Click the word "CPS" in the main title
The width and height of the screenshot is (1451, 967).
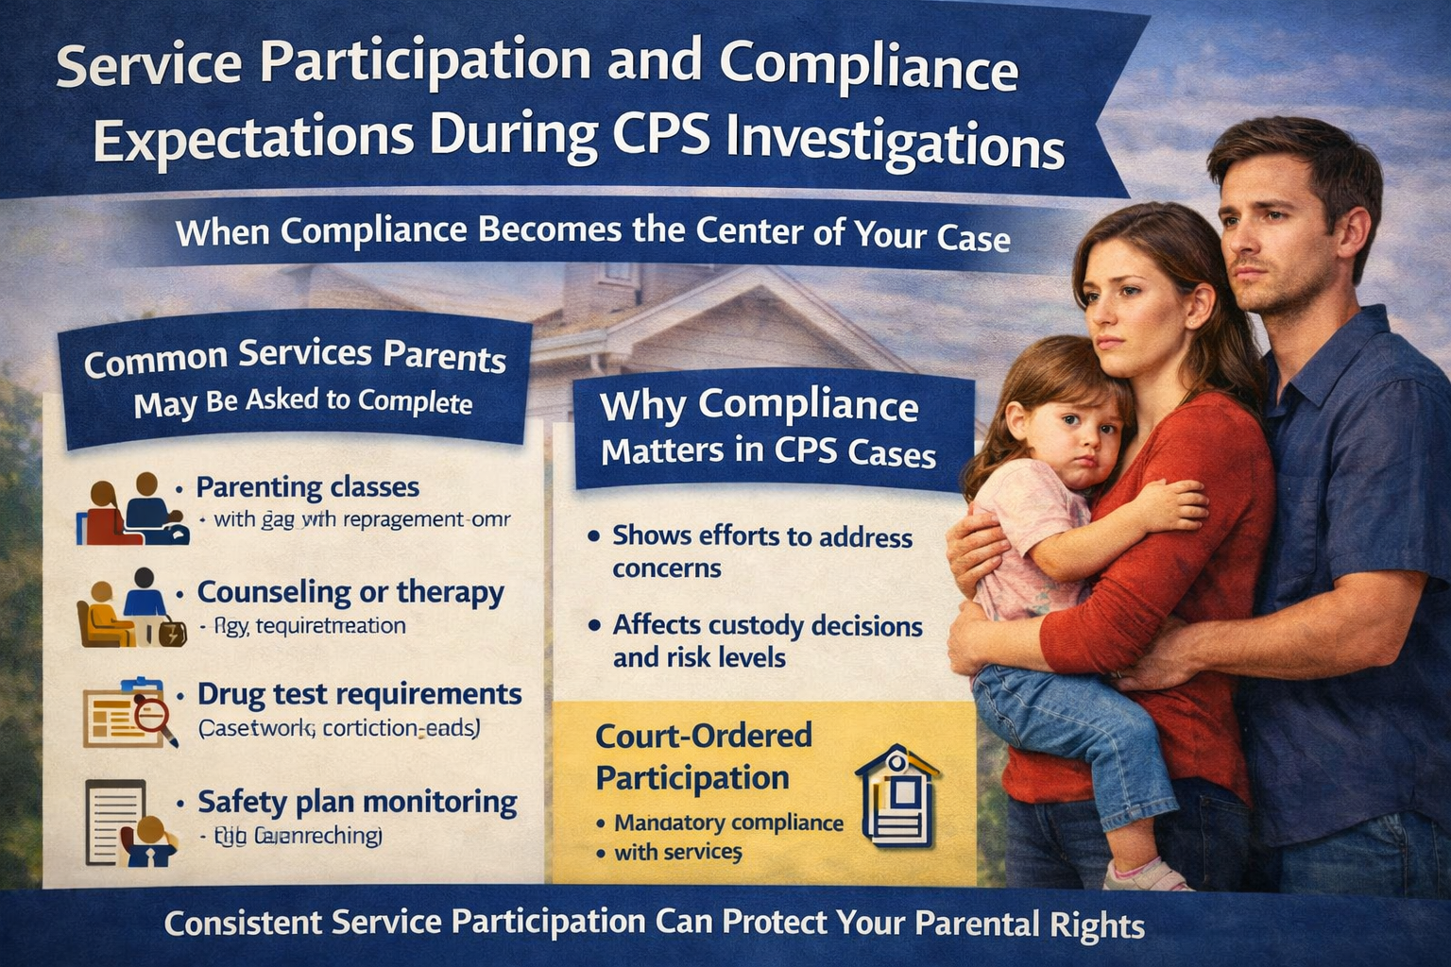[x=662, y=141]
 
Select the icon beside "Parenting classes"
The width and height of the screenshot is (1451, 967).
[x=132, y=510]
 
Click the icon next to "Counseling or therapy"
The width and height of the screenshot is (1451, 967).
[x=130, y=609]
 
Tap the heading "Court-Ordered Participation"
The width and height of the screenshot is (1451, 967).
[x=704, y=756]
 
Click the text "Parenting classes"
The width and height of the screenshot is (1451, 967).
[x=307, y=488]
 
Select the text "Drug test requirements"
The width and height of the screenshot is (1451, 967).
[x=359, y=695]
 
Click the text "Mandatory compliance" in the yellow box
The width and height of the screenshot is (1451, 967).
[x=728, y=823]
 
